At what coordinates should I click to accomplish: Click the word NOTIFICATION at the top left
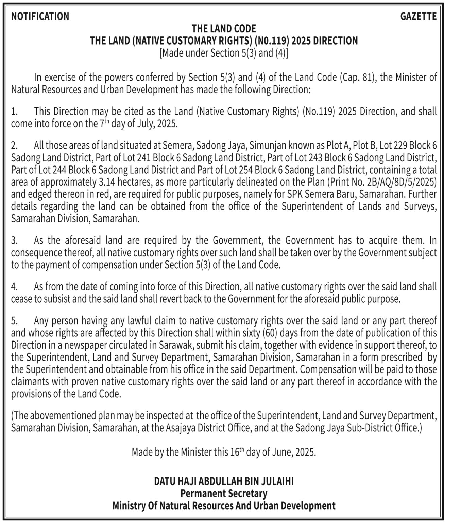click(x=40, y=16)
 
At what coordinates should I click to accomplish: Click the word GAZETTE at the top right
click(x=418, y=16)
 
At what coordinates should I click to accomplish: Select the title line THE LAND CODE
click(x=224, y=28)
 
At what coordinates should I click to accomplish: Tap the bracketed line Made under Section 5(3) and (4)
click(x=224, y=53)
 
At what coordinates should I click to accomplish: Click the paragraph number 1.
click(x=14, y=112)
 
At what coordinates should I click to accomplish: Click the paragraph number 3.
click(x=14, y=241)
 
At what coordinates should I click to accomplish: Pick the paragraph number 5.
click(x=14, y=321)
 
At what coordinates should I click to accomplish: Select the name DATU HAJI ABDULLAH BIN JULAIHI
click(x=224, y=481)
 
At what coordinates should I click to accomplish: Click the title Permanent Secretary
click(x=224, y=493)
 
